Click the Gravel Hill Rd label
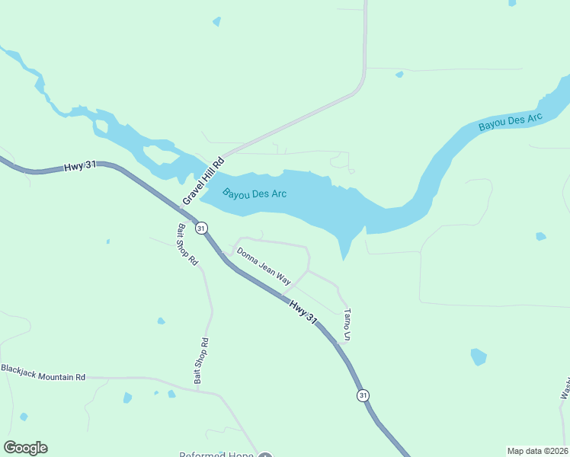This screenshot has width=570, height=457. click(x=204, y=181)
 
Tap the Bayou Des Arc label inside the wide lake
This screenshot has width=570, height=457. click(x=255, y=193)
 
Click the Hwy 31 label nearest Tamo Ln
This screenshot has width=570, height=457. click(x=303, y=312)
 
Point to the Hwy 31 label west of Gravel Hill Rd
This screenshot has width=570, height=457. click(x=80, y=165)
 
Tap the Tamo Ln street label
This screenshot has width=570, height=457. click(x=347, y=324)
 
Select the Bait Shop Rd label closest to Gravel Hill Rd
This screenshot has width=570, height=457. click(x=187, y=244)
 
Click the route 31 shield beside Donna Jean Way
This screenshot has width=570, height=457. click(x=201, y=228)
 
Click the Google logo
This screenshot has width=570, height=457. click(x=25, y=448)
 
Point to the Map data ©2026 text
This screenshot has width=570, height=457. click(x=537, y=451)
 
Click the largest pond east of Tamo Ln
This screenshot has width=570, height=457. click(x=478, y=356)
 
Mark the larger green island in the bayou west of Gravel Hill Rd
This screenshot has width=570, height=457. click(x=160, y=155)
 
